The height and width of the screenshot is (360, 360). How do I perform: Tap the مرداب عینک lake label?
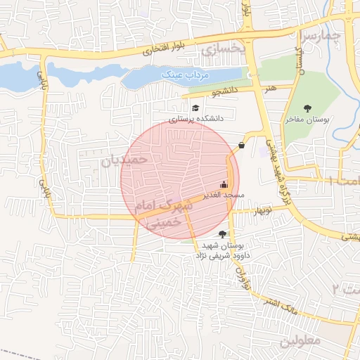click(174, 73)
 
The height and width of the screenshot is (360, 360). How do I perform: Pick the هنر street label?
click(271, 89)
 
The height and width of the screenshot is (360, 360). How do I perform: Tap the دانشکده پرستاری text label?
click(195, 119)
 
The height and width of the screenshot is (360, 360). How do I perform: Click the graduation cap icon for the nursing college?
click(195, 108)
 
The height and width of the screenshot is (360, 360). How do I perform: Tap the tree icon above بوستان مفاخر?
click(307, 108)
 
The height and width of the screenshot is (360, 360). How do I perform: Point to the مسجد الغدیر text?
click(224, 193)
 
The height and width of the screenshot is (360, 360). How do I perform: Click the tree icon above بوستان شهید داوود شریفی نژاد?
click(223, 234)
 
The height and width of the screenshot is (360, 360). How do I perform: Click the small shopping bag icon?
click(242, 145)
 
